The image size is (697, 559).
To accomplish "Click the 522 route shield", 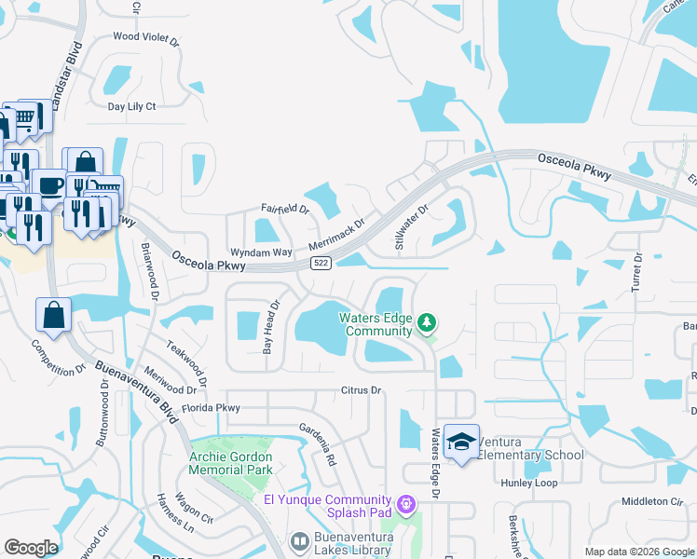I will [x=321, y=264].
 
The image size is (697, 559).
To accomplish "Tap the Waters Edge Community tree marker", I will [x=427, y=323].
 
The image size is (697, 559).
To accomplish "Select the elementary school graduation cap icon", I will [x=461, y=442].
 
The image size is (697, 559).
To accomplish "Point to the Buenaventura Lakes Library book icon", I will [x=299, y=540].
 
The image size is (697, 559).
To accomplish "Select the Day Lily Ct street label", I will [x=131, y=106].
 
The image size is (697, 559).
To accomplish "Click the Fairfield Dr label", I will [x=285, y=209].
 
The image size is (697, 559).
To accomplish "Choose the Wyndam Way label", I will [x=262, y=252].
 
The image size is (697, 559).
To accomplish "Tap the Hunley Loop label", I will [x=554, y=484].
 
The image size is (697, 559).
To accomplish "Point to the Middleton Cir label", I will [x=652, y=501].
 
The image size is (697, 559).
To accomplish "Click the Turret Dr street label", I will [x=637, y=271].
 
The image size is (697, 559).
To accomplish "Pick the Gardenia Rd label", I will [x=317, y=444].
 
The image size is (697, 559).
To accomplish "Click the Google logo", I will [x=31, y=548].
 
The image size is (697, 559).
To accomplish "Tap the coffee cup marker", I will [x=48, y=184].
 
